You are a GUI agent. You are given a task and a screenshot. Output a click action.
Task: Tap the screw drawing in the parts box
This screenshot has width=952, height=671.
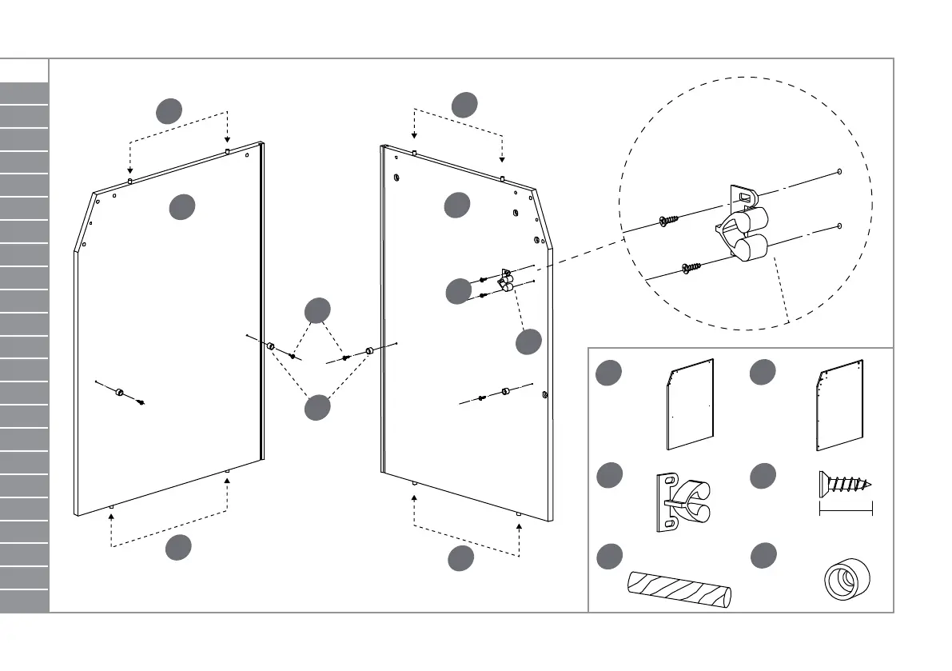point(845,484)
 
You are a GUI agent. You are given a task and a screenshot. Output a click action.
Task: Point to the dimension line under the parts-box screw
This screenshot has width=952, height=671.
point(846,509)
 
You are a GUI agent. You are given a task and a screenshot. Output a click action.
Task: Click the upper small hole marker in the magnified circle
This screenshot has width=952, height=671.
point(839,172)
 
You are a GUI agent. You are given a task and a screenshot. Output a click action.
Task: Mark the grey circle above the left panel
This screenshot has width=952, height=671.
point(169,111)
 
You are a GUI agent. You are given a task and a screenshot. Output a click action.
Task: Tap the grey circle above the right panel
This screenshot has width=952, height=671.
point(464,104)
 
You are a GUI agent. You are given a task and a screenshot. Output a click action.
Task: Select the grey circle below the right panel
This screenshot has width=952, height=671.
point(460,559)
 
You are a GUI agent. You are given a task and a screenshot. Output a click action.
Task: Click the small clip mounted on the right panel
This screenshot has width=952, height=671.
point(504,281)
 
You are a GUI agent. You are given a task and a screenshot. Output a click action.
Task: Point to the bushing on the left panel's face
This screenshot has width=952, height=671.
point(119,392)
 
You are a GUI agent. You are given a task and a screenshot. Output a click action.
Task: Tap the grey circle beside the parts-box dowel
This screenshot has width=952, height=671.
point(609,556)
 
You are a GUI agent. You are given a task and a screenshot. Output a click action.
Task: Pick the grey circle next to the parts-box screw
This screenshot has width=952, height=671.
point(763,476)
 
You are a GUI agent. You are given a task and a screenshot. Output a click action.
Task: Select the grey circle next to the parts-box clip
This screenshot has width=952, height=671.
point(609,475)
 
